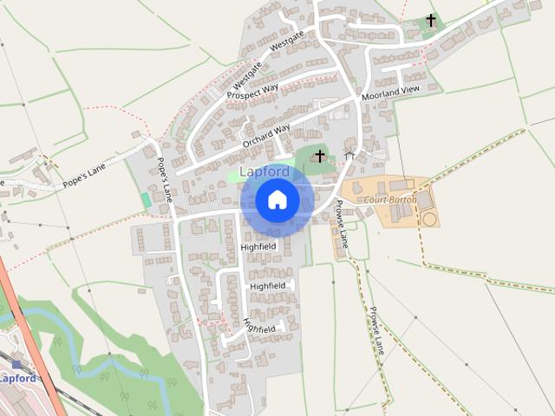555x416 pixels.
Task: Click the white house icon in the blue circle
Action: point(277,200)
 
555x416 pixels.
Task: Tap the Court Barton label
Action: point(390,199)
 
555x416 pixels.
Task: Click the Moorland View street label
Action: point(390,90)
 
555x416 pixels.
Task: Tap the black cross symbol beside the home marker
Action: point(320,156)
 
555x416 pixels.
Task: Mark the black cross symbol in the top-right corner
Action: point(431,19)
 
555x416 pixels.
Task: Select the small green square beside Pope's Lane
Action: point(146,199)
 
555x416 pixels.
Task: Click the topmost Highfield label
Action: point(258,247)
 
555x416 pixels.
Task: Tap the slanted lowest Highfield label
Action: point(259,326)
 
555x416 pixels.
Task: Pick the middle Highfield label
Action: point(267,286)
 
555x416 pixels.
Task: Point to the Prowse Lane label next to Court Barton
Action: point(342,224)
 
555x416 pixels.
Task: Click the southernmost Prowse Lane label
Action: point(376,331)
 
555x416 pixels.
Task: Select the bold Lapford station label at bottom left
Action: point(17,379)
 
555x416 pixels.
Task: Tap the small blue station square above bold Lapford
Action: point(16,365)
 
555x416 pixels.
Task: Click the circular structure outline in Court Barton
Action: point(429,218)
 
